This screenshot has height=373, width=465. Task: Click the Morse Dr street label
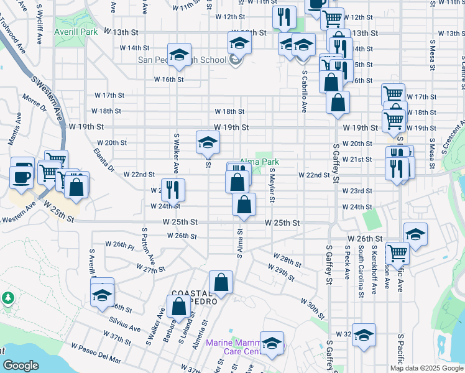click(x=34, y=103)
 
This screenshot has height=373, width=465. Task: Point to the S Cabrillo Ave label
click(x=304, y=90)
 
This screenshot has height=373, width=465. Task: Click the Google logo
click(x=21, y=366)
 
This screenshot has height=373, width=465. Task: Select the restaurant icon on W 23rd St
click(x=172, y=188)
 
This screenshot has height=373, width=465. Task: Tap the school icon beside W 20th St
click(x=208, y=141)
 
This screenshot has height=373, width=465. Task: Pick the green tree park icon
click(x=8, y=298)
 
